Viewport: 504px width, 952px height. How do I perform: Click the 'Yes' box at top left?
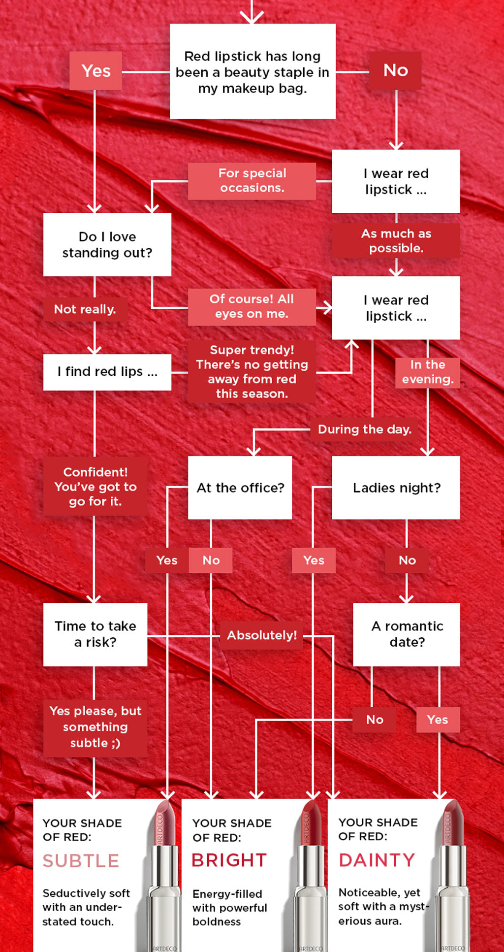pos(95,71)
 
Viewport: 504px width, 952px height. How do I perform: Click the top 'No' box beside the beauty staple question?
pos(395,70)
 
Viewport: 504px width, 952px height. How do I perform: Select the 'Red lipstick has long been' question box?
pos(252,72)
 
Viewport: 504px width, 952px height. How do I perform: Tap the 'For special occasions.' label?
pos(252,181)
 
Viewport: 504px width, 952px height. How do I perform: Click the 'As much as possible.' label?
pos(396,241)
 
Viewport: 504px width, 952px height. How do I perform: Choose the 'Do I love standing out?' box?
pos(107,244)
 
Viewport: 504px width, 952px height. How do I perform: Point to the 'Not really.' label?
pos(85,309)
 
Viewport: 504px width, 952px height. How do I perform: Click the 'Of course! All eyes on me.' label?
pos(252,307)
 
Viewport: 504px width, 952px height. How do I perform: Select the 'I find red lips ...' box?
pos(107,372)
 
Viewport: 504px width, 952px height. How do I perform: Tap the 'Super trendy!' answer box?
pos(252,372)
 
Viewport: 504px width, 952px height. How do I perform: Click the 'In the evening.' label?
pos(427,372)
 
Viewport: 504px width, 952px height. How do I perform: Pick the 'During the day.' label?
pos(364,429)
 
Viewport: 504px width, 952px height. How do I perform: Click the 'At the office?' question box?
pos(240,488)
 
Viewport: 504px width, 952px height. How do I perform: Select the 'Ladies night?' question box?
pos(396,488)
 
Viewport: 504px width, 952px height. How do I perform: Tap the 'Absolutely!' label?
pos(261,635)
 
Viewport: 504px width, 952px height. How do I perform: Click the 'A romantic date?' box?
pos(407,634)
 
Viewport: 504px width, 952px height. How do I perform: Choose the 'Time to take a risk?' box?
pos(95,634)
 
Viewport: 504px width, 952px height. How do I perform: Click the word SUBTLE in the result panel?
pos(81,861)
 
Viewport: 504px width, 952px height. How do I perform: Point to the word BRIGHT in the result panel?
pos(229,860)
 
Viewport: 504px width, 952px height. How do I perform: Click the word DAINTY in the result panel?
pos(377,860)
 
